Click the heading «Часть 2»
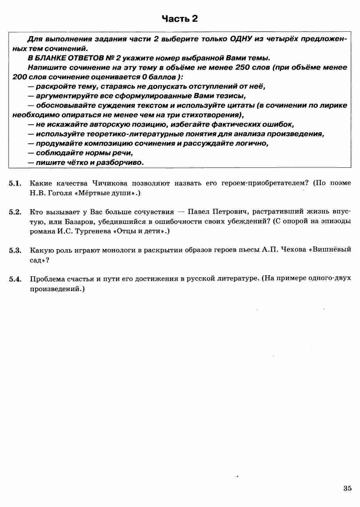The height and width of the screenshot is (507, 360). coord(180,19)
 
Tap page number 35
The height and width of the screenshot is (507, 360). coord(348,488)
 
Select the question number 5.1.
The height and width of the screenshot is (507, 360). coord(15,184)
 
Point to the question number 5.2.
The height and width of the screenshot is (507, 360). coord(15,212)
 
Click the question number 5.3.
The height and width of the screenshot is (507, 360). coord(15,251)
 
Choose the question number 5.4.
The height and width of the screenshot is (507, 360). coord(15,279)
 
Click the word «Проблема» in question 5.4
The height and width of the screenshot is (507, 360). coord(46,279)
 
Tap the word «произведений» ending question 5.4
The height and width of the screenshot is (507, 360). coord(56,288)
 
